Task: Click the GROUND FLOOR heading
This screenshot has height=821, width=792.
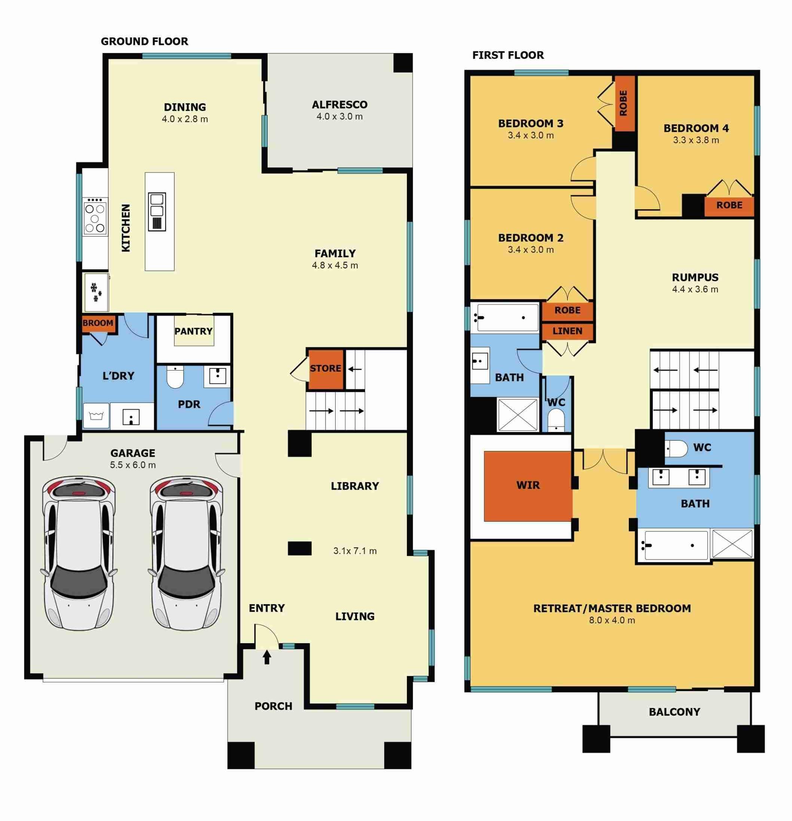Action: tap(144, 42)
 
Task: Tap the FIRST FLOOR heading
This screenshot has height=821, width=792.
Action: tap(508, 55)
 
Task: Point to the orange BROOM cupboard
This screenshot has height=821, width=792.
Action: tap(98, 323)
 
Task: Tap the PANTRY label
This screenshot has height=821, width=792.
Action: tap(193, 331)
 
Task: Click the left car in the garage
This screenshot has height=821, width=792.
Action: tap(79, 553)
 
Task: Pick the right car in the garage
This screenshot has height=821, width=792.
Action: tap(186, 553)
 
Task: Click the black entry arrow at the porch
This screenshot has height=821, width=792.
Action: tap(267, 657)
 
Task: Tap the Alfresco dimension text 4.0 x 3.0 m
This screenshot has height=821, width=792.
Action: tap(339, 116)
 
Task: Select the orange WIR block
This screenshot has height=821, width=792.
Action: tap(528, 486)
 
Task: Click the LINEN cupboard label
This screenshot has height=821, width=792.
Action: tap(567, 331)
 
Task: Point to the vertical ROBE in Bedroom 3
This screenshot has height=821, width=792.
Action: tap(624, 103)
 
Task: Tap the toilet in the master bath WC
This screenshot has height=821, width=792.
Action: tap(676, 448)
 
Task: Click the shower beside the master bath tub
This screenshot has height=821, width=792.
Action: tap(732, 544)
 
